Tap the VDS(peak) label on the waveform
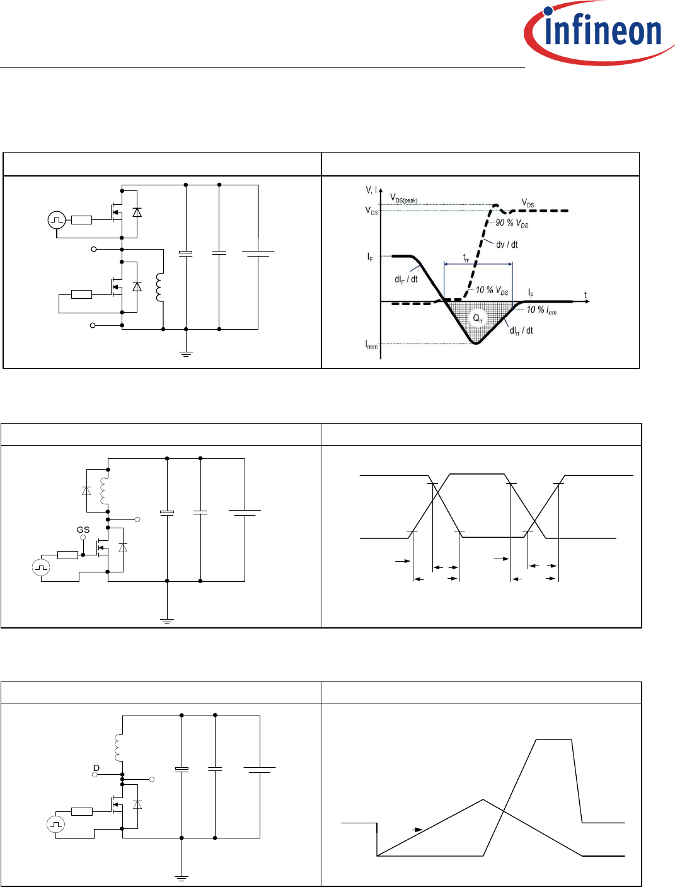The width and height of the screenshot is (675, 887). click(403, 199)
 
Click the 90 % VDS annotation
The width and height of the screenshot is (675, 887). click(512, 223)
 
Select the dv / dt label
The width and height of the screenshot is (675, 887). click(507, 245)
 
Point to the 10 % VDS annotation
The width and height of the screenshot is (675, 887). click(492, 290)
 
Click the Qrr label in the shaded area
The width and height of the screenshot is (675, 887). click(478, 319)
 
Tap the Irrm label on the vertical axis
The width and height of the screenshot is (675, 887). click(371, 344)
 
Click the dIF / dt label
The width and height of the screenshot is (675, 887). click(406, 279)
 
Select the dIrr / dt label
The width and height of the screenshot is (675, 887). click(521, 330)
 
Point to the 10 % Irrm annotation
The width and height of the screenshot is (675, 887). click(541, 310)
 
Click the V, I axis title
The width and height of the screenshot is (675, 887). click(371, 190)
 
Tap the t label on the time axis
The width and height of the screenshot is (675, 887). click(585, 294)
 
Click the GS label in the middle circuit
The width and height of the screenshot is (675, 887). click(83, 530)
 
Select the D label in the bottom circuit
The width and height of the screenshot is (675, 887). click(96, 768)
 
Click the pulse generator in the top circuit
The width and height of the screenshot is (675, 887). click(57, 220)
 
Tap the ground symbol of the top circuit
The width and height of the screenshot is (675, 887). click(186, 354)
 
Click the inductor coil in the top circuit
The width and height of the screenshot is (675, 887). click(159, 287)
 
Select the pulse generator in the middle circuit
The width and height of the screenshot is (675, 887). click(41, 567)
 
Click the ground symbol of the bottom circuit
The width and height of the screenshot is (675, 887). click(182, 878)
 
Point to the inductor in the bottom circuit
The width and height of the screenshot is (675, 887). click(118, 747)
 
